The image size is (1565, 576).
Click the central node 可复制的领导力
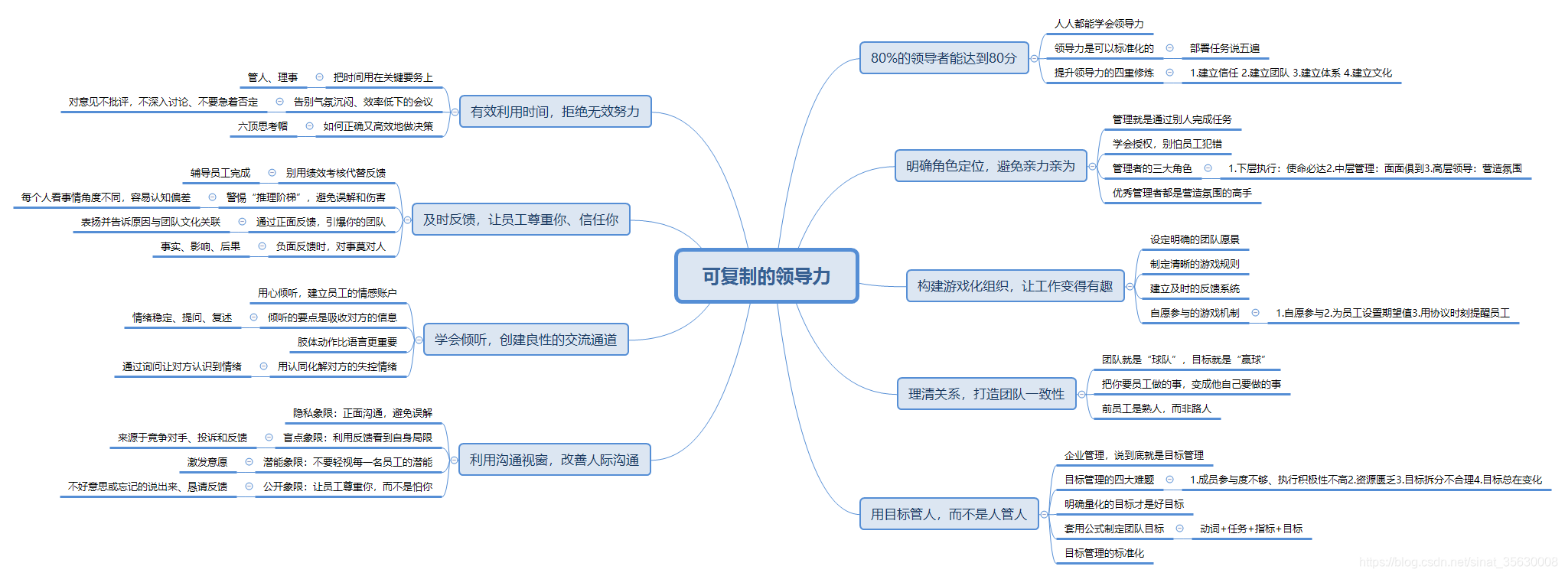point(766,276)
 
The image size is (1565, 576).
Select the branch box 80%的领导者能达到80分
point(944,58)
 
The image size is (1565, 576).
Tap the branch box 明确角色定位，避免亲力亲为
point(990,166)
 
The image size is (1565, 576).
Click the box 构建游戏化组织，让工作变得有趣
point(1015,286)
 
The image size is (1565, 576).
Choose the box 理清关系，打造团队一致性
point(986,394)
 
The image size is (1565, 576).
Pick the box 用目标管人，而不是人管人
point(948,514)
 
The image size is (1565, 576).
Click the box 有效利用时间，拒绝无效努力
point(555,112)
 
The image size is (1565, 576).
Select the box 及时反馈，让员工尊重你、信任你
point(520,220)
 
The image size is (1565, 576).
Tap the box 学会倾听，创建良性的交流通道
point(526,340)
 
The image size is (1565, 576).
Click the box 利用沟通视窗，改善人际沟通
point(554,460)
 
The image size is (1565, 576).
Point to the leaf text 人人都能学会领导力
point(1099,24)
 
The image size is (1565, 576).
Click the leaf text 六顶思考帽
point(262,126)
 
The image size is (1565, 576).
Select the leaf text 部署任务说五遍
point(1224,48)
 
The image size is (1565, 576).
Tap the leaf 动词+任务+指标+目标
point(1251,529)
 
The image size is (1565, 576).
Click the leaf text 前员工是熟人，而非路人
point(1156,408)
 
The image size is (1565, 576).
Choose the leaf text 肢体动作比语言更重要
point(347,342)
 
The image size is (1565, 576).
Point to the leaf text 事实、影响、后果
point(201,246)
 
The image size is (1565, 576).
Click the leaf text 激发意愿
point(207,462)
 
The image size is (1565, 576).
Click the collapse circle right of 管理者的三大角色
point(1208,168)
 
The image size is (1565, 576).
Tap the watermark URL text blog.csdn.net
point(1458,562)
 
